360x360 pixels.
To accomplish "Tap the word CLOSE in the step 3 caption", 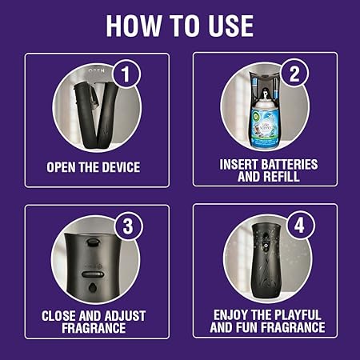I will (61, 314).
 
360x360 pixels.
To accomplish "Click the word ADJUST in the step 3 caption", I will (126, 314).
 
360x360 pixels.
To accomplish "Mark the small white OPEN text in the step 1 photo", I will (95, 70).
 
